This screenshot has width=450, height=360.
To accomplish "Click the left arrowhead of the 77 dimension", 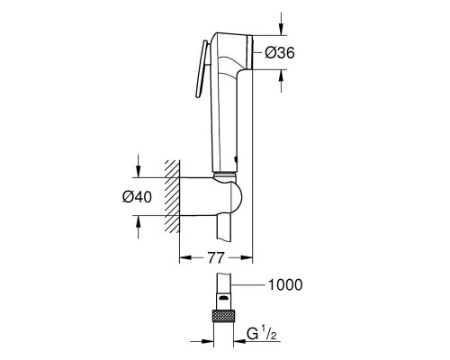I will (x=184, y=257).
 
